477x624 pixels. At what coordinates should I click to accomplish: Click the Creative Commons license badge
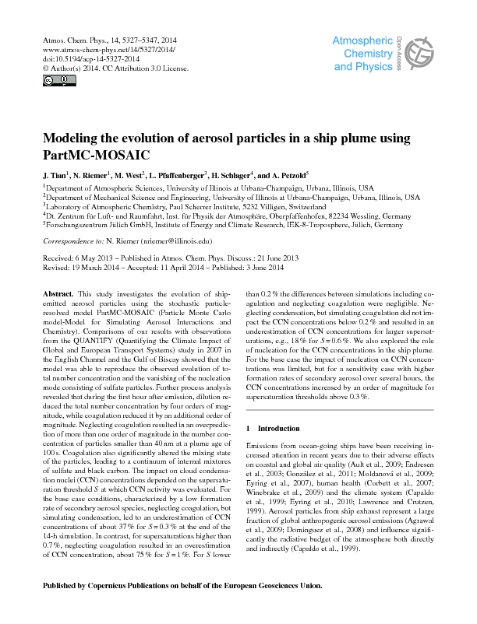point(49,79)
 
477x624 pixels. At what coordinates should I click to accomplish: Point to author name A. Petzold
point(284,175)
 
